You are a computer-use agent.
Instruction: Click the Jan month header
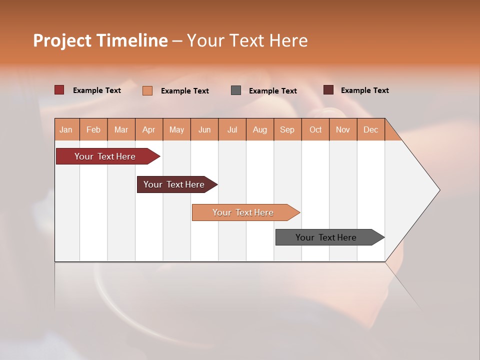66,129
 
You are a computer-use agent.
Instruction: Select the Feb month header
93,129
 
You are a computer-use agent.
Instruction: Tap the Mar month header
121,129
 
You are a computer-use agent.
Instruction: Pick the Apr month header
149,129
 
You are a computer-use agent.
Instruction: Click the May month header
176,129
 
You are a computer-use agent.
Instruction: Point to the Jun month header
204,129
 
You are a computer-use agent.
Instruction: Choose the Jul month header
232,129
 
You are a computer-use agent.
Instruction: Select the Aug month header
260,129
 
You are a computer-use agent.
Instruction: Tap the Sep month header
287,129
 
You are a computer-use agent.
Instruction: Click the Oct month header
315,129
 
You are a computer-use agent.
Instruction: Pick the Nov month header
343,129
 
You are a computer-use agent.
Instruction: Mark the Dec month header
370,129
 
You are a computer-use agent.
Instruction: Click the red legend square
59,90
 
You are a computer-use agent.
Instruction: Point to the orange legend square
147,90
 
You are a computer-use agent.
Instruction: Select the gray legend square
236,90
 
